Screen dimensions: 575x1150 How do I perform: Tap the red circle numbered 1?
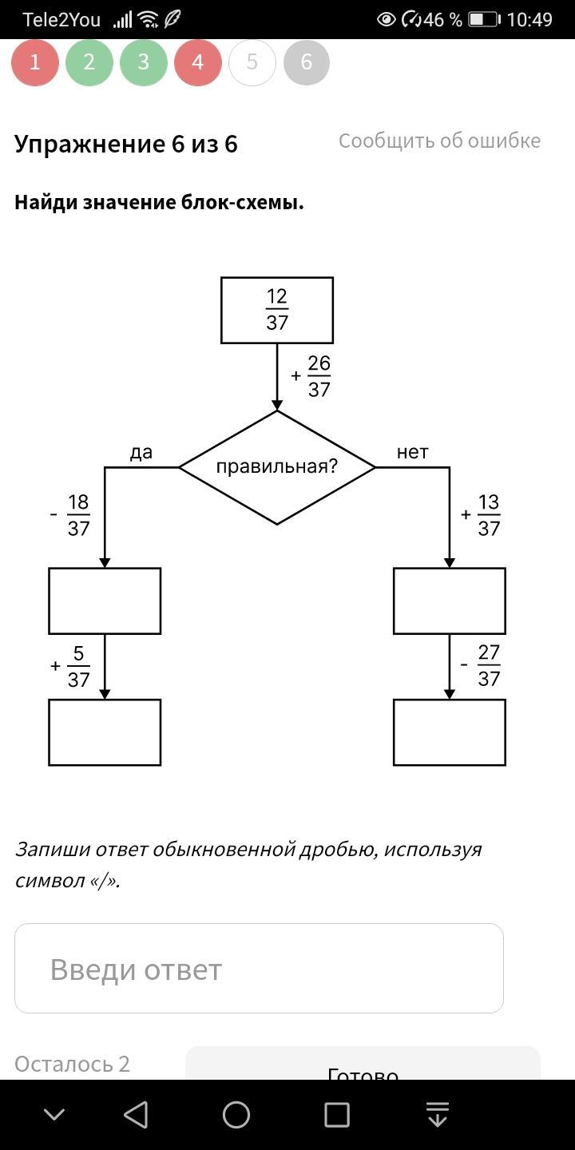point(35,62)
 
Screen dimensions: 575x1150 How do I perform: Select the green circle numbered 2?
point(89,62)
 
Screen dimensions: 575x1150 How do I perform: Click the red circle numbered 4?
point(198,62)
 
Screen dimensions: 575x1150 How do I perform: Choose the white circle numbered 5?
point(252,62)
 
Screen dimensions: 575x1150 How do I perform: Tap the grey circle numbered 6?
point(307,62)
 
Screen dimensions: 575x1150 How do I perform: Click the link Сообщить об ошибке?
point(439,141)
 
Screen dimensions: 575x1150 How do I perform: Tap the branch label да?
point(141,452)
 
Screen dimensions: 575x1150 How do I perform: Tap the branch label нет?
point(412,452)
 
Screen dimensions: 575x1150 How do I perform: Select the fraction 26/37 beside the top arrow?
point(319,376)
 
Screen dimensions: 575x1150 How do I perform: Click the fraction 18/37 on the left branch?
point(78,515)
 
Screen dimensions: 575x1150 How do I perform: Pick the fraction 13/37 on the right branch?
point(489,515)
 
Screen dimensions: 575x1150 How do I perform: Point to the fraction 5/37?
point(78,666)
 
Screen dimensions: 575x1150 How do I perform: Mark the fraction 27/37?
point(489,665)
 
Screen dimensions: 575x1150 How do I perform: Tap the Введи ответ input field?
point(259,968)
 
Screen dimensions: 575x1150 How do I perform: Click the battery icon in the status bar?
point(484,19)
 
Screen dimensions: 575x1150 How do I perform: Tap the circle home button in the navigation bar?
point(236,1115)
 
